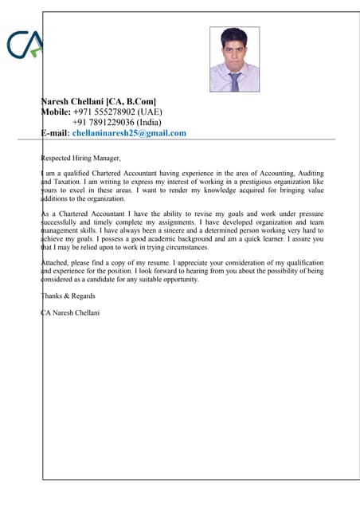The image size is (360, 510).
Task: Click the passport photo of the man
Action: coord(234,60)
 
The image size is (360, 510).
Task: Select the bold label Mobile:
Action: coord(57,112)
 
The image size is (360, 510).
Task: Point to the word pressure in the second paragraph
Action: coord(309,214)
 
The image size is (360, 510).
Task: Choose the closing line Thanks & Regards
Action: coord(67,296)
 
